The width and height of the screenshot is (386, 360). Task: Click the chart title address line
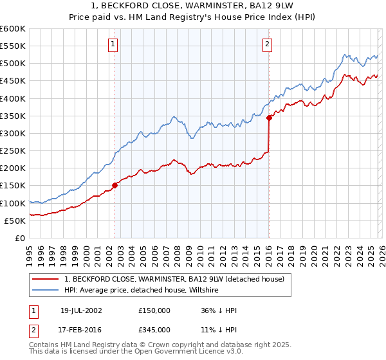pos(193,6)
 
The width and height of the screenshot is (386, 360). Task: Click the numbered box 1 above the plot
pos(113,44)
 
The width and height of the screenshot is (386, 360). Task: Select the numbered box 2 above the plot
pos(266,44)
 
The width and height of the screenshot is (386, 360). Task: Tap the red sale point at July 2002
pos(115,185)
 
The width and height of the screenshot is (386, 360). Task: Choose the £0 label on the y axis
pos(19,238)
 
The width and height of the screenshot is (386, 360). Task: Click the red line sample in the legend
pos(46,279)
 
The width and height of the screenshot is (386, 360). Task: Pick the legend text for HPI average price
pos(142,291)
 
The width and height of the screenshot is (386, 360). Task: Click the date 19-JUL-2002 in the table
pos(82,310)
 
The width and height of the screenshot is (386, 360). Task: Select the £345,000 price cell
pos(154,329)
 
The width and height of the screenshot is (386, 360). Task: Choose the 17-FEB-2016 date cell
pos(82,329)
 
